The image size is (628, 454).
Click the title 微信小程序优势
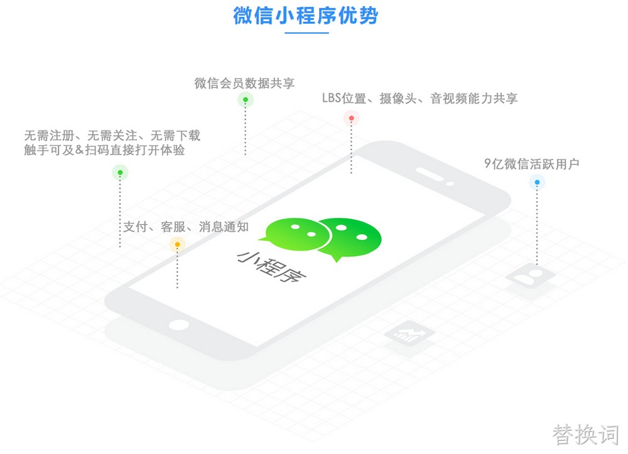(x=306, y=16)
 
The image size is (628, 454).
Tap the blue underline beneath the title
(x=307, y=33)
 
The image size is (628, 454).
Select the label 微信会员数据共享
(x=244, y=84)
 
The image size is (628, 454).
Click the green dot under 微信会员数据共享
(x=246, y=100)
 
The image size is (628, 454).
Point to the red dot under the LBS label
(x=351, y=118)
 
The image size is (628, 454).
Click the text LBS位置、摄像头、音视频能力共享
(x=420, y=99)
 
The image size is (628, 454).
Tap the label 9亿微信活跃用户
(x=531, y=164)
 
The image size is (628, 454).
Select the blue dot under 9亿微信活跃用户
(x=537, y=183)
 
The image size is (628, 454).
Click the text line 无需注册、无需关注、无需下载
(x=112, y=136)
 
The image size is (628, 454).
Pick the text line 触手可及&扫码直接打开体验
(x=104, y=150)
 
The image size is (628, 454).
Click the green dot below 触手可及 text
(x=120, y=173)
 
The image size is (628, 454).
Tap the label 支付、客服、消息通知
(x=186, y=227)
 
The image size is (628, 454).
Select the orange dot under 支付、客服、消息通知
(x=178, y=245)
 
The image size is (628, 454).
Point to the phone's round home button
(x=178, y=325)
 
